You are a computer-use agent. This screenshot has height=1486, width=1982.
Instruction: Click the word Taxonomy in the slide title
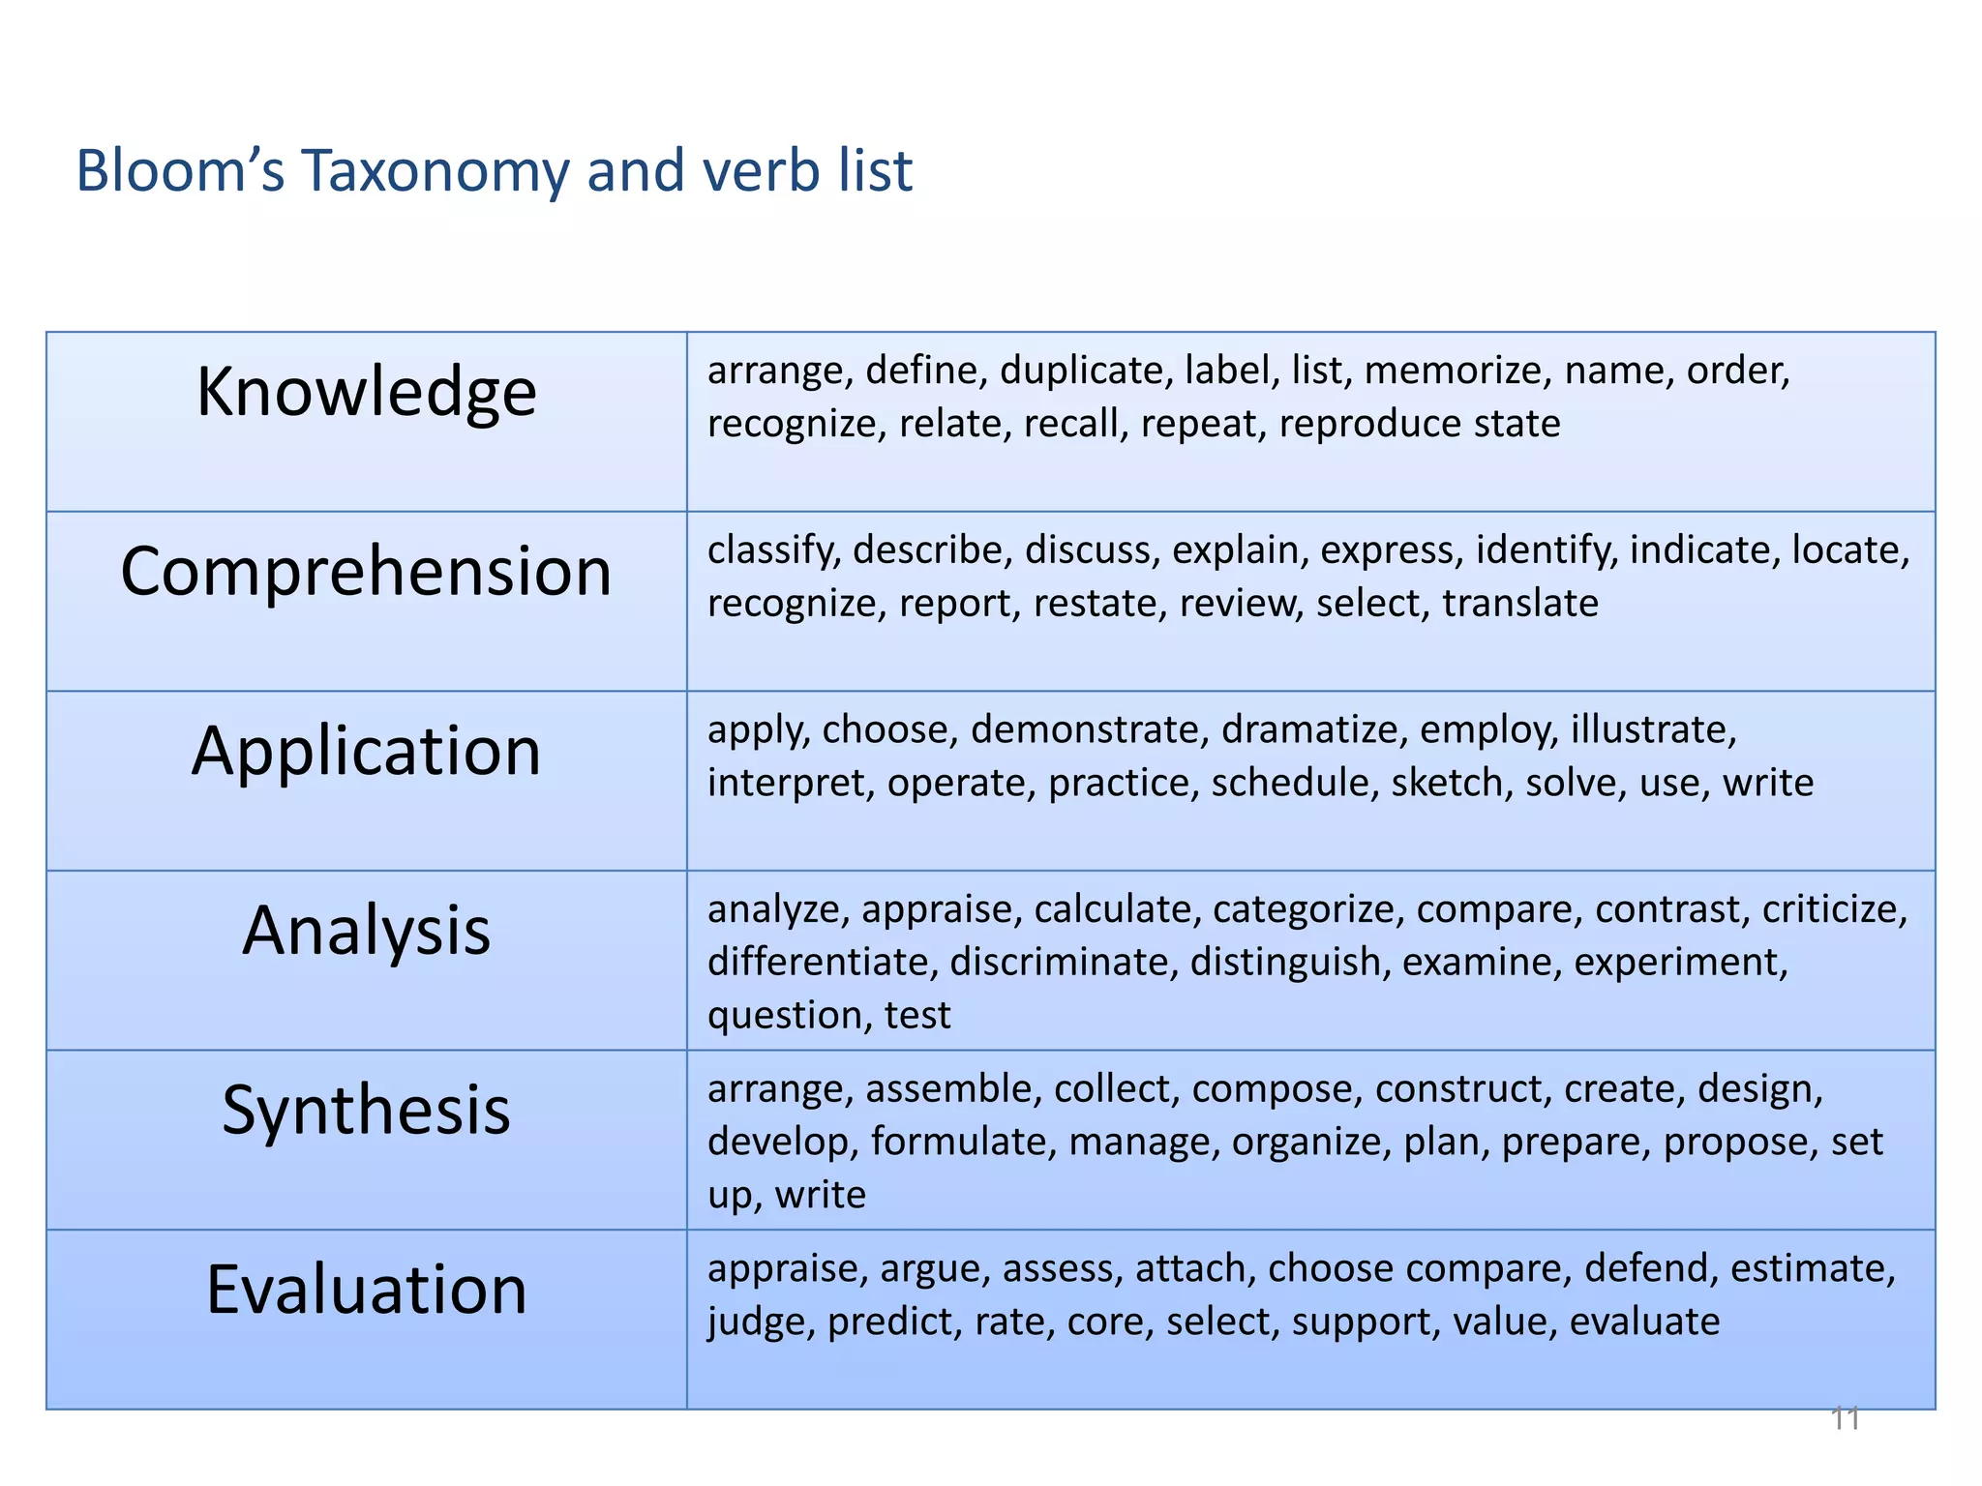(x=435, y=171)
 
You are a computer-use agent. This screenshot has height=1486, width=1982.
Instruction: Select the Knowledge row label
(x=366, y=392)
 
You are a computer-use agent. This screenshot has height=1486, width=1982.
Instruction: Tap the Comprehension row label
(x=366, y=571)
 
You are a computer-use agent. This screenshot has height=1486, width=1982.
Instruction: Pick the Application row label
(x=366, y=751)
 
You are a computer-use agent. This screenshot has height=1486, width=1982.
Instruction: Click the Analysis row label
(x=366, y=931)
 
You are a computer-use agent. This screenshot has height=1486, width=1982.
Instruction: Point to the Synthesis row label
(x=366, y=1110)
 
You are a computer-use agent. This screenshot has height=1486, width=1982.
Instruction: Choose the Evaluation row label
(x=366, y=1290)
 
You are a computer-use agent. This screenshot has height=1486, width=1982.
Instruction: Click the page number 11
(x=1845, y=1419)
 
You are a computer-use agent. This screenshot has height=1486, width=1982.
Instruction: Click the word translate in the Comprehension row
(x=1519, y=604)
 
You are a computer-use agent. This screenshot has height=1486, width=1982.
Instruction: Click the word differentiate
(x=822, y=963)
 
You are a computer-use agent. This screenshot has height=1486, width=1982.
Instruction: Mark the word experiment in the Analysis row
(x=1680, y=963)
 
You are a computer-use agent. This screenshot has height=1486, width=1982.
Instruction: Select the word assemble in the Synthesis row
(x=953, y=1089)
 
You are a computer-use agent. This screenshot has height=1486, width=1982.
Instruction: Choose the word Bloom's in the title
(x=180, y=171)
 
